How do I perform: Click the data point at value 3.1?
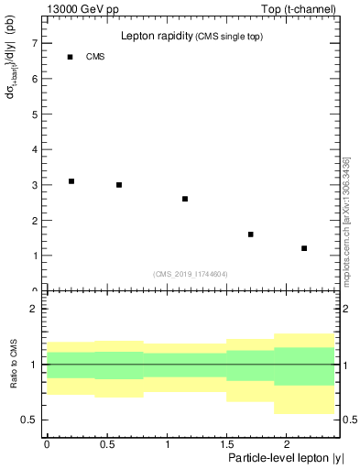click(71, 181)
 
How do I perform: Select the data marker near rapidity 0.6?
click(119, 185)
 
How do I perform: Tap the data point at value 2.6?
click(185, 199)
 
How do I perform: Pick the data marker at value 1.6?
click(251, 234)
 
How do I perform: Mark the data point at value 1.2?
click(304, 248)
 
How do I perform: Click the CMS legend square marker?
click(71, 57)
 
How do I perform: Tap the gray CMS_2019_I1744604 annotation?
click(191, 274)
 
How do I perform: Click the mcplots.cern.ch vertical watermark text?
click(346, 220)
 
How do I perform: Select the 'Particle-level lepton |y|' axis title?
click(286, 456)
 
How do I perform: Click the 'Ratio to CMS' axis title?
click(15, 364)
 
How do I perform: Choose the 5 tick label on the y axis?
click(34, 115)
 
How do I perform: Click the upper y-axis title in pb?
click(14, 75)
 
